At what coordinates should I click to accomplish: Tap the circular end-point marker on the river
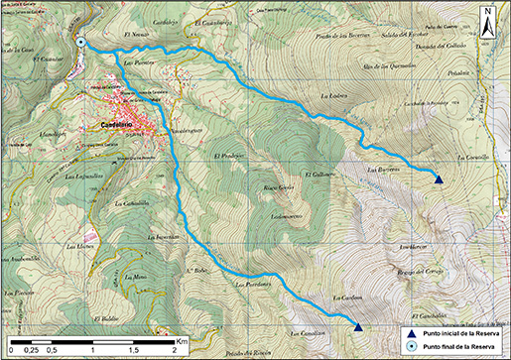(80, 42)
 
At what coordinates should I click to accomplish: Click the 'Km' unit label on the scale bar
(182, 341)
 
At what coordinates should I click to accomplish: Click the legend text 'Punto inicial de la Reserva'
(459, 333)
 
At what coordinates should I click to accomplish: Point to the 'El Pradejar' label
(228, 157)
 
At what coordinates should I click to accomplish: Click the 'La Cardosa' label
(328, 296)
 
